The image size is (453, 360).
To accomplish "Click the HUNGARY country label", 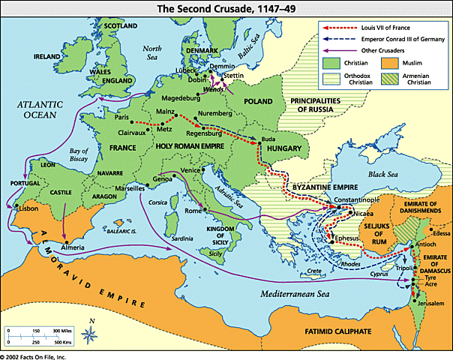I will tap(283, 148).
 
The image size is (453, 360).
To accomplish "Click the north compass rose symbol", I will tap(90, 331).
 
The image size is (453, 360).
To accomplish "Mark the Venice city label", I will tap(190, 170).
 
